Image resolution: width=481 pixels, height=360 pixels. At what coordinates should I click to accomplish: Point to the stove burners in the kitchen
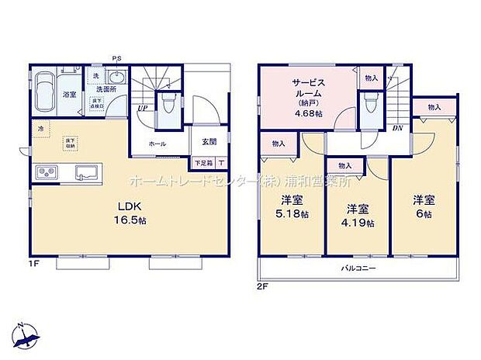point(44,171)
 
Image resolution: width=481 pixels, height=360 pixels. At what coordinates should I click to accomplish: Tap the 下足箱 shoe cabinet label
point(203,163)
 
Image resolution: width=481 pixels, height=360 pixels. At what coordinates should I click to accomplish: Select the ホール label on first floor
point(158,144)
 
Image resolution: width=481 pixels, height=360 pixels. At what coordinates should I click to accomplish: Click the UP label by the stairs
point(143,108)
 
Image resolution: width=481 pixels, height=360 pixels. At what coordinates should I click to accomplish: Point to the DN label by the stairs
point(397,128)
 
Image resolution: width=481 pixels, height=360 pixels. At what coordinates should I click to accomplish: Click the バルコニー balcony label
point(358,268)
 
